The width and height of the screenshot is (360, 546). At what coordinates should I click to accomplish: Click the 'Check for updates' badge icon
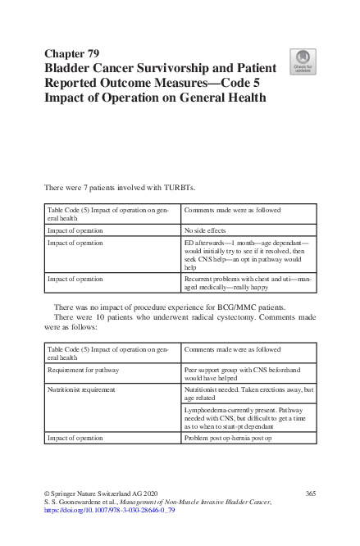point(303,61)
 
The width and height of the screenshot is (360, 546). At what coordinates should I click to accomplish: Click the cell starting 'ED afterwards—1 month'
point(247,255)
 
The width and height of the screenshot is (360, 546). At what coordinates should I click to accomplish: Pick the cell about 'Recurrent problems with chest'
point(247,283)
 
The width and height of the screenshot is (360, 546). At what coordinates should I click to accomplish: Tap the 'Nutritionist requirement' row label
point(81,389)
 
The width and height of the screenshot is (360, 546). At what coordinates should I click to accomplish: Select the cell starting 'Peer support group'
point(247,374)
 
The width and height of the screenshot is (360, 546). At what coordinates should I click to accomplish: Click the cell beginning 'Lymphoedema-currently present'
point(247,416)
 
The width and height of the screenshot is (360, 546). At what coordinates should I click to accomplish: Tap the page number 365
point(311,493)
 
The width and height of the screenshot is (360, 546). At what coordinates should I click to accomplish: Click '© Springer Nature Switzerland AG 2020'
point(99,493)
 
